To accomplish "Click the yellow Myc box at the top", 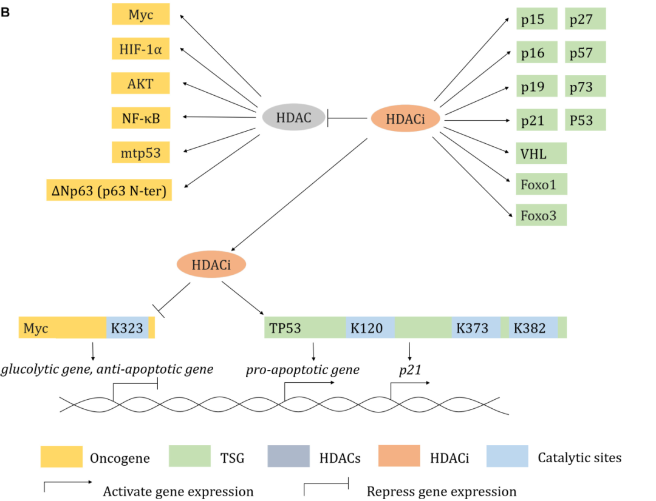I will [x=140, y=15].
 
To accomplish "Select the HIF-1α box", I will [x=140, y=49].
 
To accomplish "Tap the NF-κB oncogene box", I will [x=140, y=118].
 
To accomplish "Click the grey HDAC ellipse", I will [x=294, y=118].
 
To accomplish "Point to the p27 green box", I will [x=586, y=19].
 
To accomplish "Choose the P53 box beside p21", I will [x=586, y=120].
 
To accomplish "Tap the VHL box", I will [x=541, y=153].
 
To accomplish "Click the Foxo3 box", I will [x=541, y=215].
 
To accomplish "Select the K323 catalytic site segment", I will [x=127, y=328].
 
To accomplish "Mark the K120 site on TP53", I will [x=369, y=328].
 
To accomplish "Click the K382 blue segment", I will [x=533, y=328].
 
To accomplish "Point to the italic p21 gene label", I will [x=410, y=370].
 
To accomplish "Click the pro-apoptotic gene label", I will [x=302, y=370].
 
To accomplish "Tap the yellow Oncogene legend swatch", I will [x=61, y=457].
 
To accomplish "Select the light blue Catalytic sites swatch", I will [x=507, y=457].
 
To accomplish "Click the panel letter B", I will [x=5, y=12].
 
